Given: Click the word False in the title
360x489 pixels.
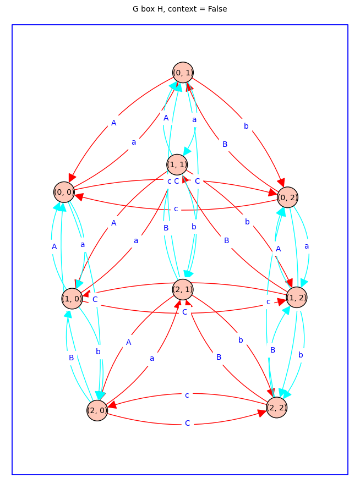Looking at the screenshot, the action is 217,9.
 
